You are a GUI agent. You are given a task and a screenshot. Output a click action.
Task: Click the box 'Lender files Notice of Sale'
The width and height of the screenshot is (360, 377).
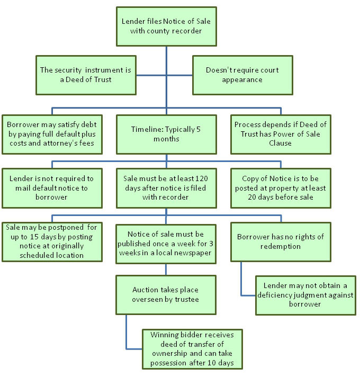(167, 25)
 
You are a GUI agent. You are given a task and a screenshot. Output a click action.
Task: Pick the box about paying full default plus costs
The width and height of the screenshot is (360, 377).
(52, 134)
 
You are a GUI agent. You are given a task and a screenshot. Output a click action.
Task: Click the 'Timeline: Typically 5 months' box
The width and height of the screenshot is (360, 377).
(166, 134)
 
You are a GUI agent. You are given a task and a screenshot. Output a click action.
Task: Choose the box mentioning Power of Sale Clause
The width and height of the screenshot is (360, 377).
(281, 134)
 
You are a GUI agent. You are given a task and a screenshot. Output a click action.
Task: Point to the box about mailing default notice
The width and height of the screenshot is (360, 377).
(52, 187)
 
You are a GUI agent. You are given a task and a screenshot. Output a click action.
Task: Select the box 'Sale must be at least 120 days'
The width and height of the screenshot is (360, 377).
(166, 187)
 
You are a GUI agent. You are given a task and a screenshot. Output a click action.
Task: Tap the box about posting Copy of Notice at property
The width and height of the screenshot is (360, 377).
(281, 187)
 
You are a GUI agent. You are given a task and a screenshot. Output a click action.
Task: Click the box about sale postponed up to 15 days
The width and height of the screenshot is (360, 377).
(52, 241)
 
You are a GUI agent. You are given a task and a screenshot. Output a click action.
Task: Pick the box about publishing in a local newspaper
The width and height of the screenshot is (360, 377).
(166, 243)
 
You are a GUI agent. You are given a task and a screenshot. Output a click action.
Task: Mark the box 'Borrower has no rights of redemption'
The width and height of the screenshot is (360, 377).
(281, 241)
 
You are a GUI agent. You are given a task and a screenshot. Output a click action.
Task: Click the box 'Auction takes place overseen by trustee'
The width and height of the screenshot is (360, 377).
(166, 295)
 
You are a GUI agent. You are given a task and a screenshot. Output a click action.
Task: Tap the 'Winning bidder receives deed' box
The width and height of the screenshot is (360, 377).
(192, 348)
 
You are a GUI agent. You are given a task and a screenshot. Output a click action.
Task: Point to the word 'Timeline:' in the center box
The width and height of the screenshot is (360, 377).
(148, 129)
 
